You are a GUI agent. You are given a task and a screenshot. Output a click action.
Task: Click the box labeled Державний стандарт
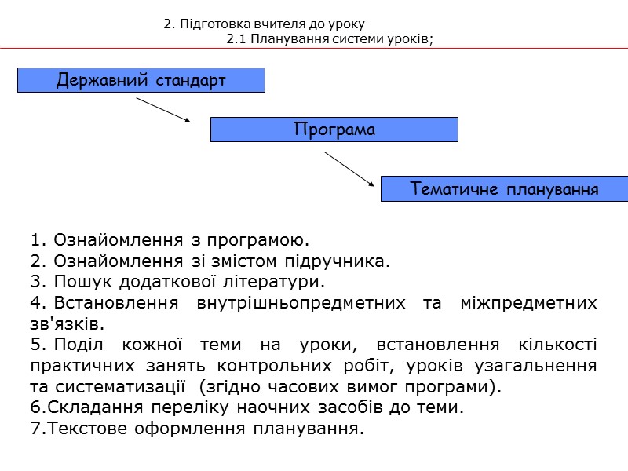141,80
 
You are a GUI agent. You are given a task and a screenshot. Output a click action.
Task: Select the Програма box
334,130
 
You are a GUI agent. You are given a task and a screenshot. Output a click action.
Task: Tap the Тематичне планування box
504,189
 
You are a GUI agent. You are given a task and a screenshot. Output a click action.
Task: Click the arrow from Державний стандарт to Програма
163,110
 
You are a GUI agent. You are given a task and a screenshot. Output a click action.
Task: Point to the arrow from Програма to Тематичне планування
350,170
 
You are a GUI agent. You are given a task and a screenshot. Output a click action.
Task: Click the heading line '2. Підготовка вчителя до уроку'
264,24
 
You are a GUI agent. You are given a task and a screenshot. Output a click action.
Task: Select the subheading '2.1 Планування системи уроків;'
330,40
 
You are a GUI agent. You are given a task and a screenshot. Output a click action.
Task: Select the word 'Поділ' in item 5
83,345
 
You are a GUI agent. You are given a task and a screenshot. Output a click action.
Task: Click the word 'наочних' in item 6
305,409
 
